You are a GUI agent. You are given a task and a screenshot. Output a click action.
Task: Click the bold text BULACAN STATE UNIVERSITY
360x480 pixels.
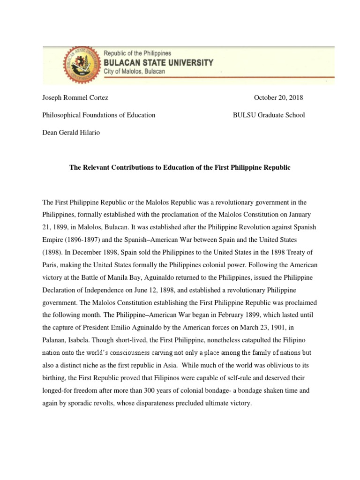click(x=158, y=62)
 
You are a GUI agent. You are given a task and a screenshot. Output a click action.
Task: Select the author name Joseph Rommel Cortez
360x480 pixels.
click(x=75, y=98)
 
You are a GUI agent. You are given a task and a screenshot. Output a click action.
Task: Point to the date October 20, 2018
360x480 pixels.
click(x=278, y=98)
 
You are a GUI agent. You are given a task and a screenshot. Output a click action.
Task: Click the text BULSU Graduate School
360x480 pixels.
click(x=269, y=115)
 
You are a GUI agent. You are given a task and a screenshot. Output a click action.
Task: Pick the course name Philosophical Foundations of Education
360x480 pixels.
click(x=99, y=115)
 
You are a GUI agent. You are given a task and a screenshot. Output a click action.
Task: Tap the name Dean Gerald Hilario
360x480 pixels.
click(x=71, y=132)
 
